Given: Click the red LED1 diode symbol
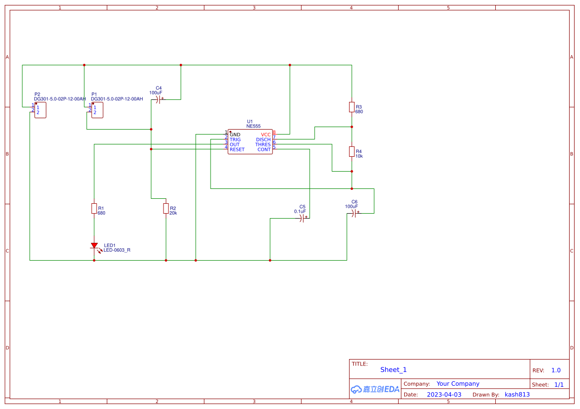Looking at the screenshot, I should (94, 246).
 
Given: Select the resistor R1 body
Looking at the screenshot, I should (94, 208).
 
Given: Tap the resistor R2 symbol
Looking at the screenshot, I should (166, 208).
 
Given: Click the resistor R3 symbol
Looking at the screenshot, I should (352, 107).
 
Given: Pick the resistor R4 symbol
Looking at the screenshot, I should (352, 151).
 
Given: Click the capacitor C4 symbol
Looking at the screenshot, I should (158, 99).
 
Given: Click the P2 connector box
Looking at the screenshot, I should (40, 110).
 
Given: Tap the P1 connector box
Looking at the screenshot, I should (97, 110).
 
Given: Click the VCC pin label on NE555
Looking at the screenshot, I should (265, 135).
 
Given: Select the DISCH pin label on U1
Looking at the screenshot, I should (263, 139).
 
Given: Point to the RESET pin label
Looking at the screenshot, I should (237, 149).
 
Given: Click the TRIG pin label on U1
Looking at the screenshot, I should (235, 139).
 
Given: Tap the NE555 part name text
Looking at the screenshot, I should (253, 126).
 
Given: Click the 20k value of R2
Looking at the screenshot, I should (173, 213).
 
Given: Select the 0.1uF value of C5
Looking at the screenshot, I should (300, 211).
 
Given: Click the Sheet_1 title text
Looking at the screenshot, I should (393, 369).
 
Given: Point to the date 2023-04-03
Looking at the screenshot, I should (444, 395).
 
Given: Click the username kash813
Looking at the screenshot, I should (517, 395).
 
